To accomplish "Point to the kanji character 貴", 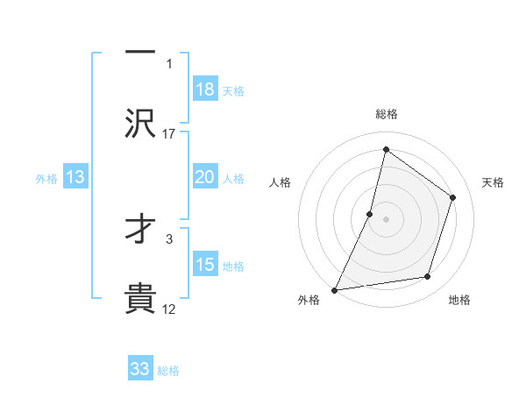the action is [x=140, y=298].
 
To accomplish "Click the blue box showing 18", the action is [x=205, y=89].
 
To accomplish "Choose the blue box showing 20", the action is [x=205, y=177].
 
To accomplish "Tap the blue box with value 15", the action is [x=205, y=265].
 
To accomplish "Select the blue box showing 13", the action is [x=75, y=177].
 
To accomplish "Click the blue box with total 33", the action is [x=140, y=369].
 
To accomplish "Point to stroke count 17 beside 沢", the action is [x=169, y=133].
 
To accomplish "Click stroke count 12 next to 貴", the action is [x=169, y=309].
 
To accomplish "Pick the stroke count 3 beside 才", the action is [x=169, y=237].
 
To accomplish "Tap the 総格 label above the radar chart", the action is [x=386, y=114].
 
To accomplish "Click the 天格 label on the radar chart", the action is [x=494, y=182].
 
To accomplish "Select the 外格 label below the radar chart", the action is [x=309, y=300].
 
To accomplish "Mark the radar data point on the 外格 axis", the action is [x=335, y=289].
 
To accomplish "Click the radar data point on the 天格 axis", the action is [x=453, y=197].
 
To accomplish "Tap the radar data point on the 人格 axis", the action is [x=370, y=214].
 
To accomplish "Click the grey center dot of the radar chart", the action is [x=386, y=219].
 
